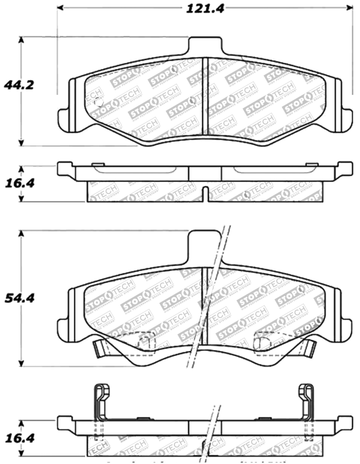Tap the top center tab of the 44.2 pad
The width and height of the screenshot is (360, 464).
tap(205, 46)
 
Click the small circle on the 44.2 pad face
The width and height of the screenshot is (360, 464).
tap(97, 102)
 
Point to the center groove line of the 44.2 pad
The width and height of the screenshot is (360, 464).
tap(203, 95)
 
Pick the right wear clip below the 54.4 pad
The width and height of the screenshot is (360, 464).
tap(310, 347)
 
